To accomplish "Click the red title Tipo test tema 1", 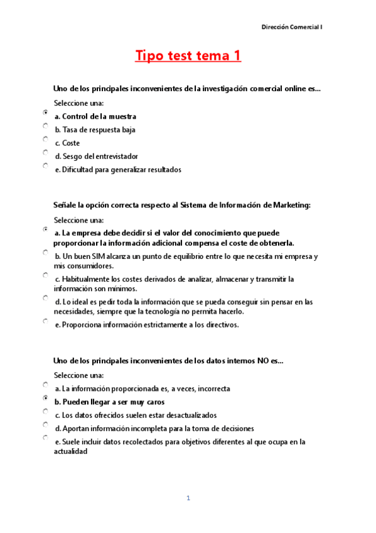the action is point(188,56).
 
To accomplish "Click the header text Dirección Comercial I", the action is point(292,27).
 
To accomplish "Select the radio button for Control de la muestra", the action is point(46,113).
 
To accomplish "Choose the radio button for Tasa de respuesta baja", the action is point(46,126).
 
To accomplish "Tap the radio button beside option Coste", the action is point(46,139).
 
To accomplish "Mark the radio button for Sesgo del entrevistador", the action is point(46,152).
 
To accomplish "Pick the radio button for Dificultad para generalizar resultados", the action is point(46,166).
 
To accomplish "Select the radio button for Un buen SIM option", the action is point(46,252).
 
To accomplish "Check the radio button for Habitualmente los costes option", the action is point(46,275).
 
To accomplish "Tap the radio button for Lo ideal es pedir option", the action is point(46,298).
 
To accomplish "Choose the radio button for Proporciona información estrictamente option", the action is point(46,321).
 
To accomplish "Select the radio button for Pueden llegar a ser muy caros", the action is point(46,398).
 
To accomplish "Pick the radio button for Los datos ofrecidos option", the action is point(46,411).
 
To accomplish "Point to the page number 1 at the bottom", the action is point(188,498).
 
